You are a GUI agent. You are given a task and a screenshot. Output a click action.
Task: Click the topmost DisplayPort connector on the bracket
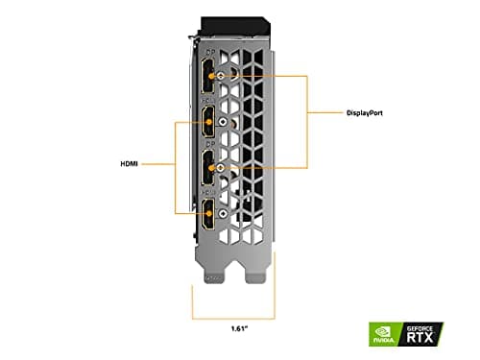(207, 76)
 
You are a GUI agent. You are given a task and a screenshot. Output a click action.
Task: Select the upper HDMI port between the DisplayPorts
(207, 122)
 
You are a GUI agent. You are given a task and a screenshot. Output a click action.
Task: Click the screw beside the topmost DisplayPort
(222, 76)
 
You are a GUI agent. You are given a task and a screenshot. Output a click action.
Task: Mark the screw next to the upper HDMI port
(222, 122)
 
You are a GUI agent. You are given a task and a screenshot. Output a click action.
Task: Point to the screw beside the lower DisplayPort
(222, 169)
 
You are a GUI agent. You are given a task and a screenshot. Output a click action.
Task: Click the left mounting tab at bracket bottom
(212, 276)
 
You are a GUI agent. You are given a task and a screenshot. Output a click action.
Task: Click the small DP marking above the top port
(208, 55)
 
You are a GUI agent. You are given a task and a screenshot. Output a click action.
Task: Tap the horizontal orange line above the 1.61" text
(229, 318)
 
